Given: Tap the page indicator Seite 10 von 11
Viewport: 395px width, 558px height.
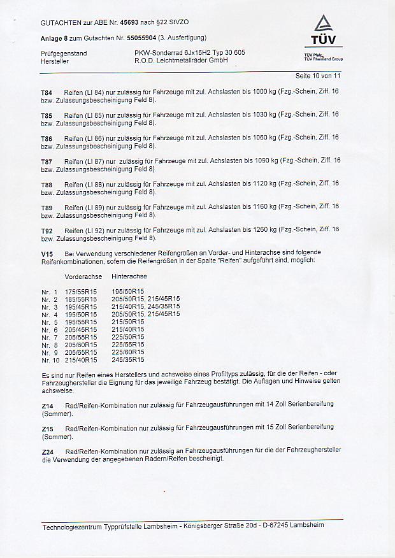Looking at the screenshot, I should coord(319,76).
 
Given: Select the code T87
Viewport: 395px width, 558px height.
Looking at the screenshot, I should coord(47,161).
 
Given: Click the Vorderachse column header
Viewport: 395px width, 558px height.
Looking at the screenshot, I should coord(83,276).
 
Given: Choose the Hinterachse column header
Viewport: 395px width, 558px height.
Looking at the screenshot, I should coord(129,276).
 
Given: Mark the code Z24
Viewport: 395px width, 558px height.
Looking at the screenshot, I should coord(47,450).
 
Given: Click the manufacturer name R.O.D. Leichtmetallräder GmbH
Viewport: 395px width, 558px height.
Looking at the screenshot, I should coord(181,61).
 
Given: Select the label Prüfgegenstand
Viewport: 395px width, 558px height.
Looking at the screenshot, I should coord(63,53).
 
